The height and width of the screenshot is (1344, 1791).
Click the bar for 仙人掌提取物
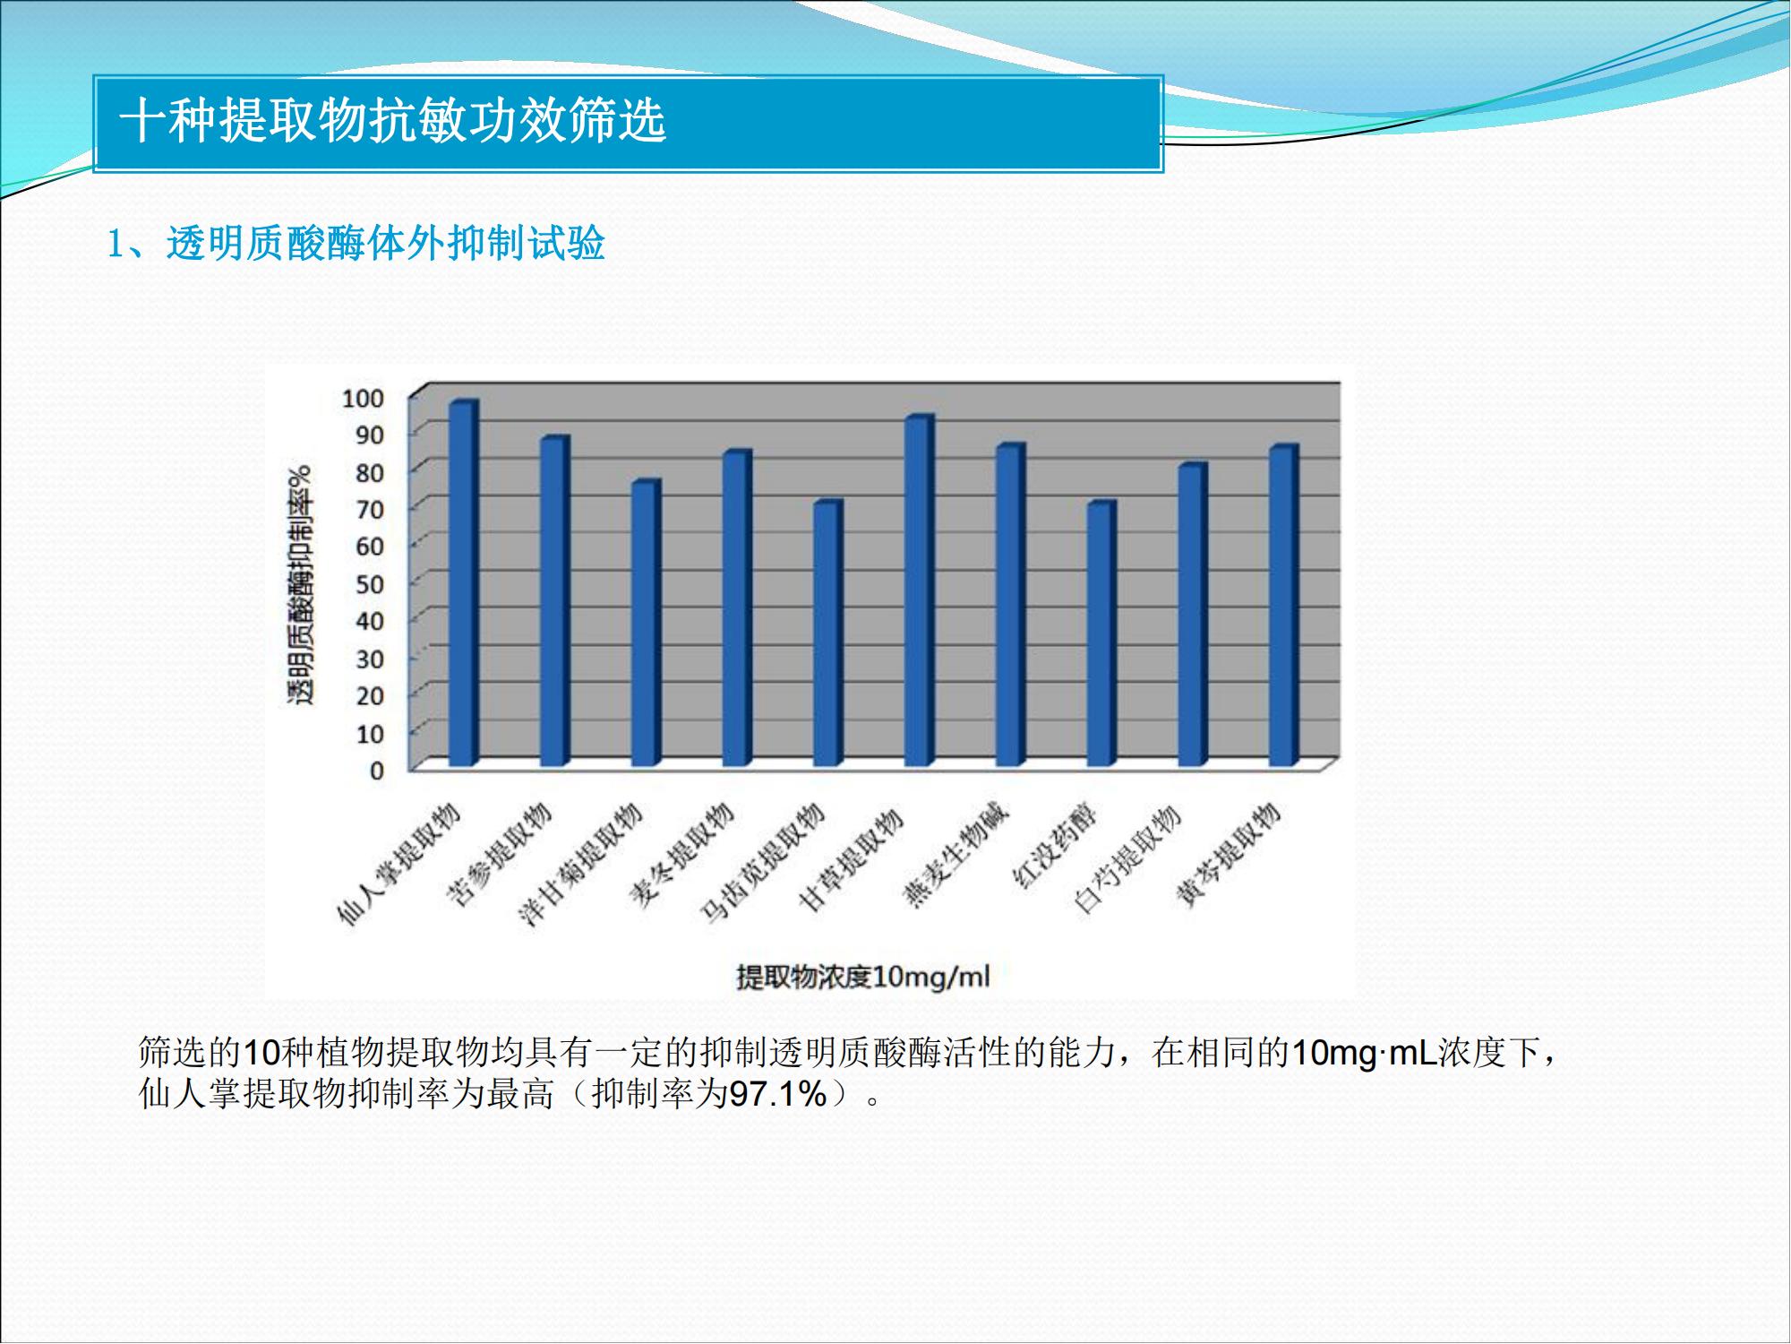pos(464,583)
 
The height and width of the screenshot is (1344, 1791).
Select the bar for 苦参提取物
pos(555,601)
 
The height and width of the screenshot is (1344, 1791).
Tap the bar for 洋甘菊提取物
pos(647,623)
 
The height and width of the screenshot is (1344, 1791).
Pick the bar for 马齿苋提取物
pos(828,633)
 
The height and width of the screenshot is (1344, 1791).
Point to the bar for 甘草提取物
pos(920,590)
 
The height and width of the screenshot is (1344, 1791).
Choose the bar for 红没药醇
pos(1101,633)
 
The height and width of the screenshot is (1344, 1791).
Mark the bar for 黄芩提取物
pos(1284,606)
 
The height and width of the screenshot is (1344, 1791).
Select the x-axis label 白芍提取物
pos(1127,858)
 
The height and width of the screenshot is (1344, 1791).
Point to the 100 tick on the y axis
pos(363,398)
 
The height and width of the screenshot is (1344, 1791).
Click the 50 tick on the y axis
pos(370,584)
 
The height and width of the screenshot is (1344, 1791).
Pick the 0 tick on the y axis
pos(377,771)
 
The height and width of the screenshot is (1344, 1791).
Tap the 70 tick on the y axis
pos(370,510)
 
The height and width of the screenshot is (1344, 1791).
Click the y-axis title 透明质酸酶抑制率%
pos(300,585)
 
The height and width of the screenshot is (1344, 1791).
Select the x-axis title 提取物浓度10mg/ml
pos(863,976)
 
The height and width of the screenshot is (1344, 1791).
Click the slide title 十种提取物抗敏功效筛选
pos(393,120)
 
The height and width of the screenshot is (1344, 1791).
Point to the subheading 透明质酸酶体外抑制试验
pos(386,244)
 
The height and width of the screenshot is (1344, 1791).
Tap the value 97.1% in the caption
pos(778,1094)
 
